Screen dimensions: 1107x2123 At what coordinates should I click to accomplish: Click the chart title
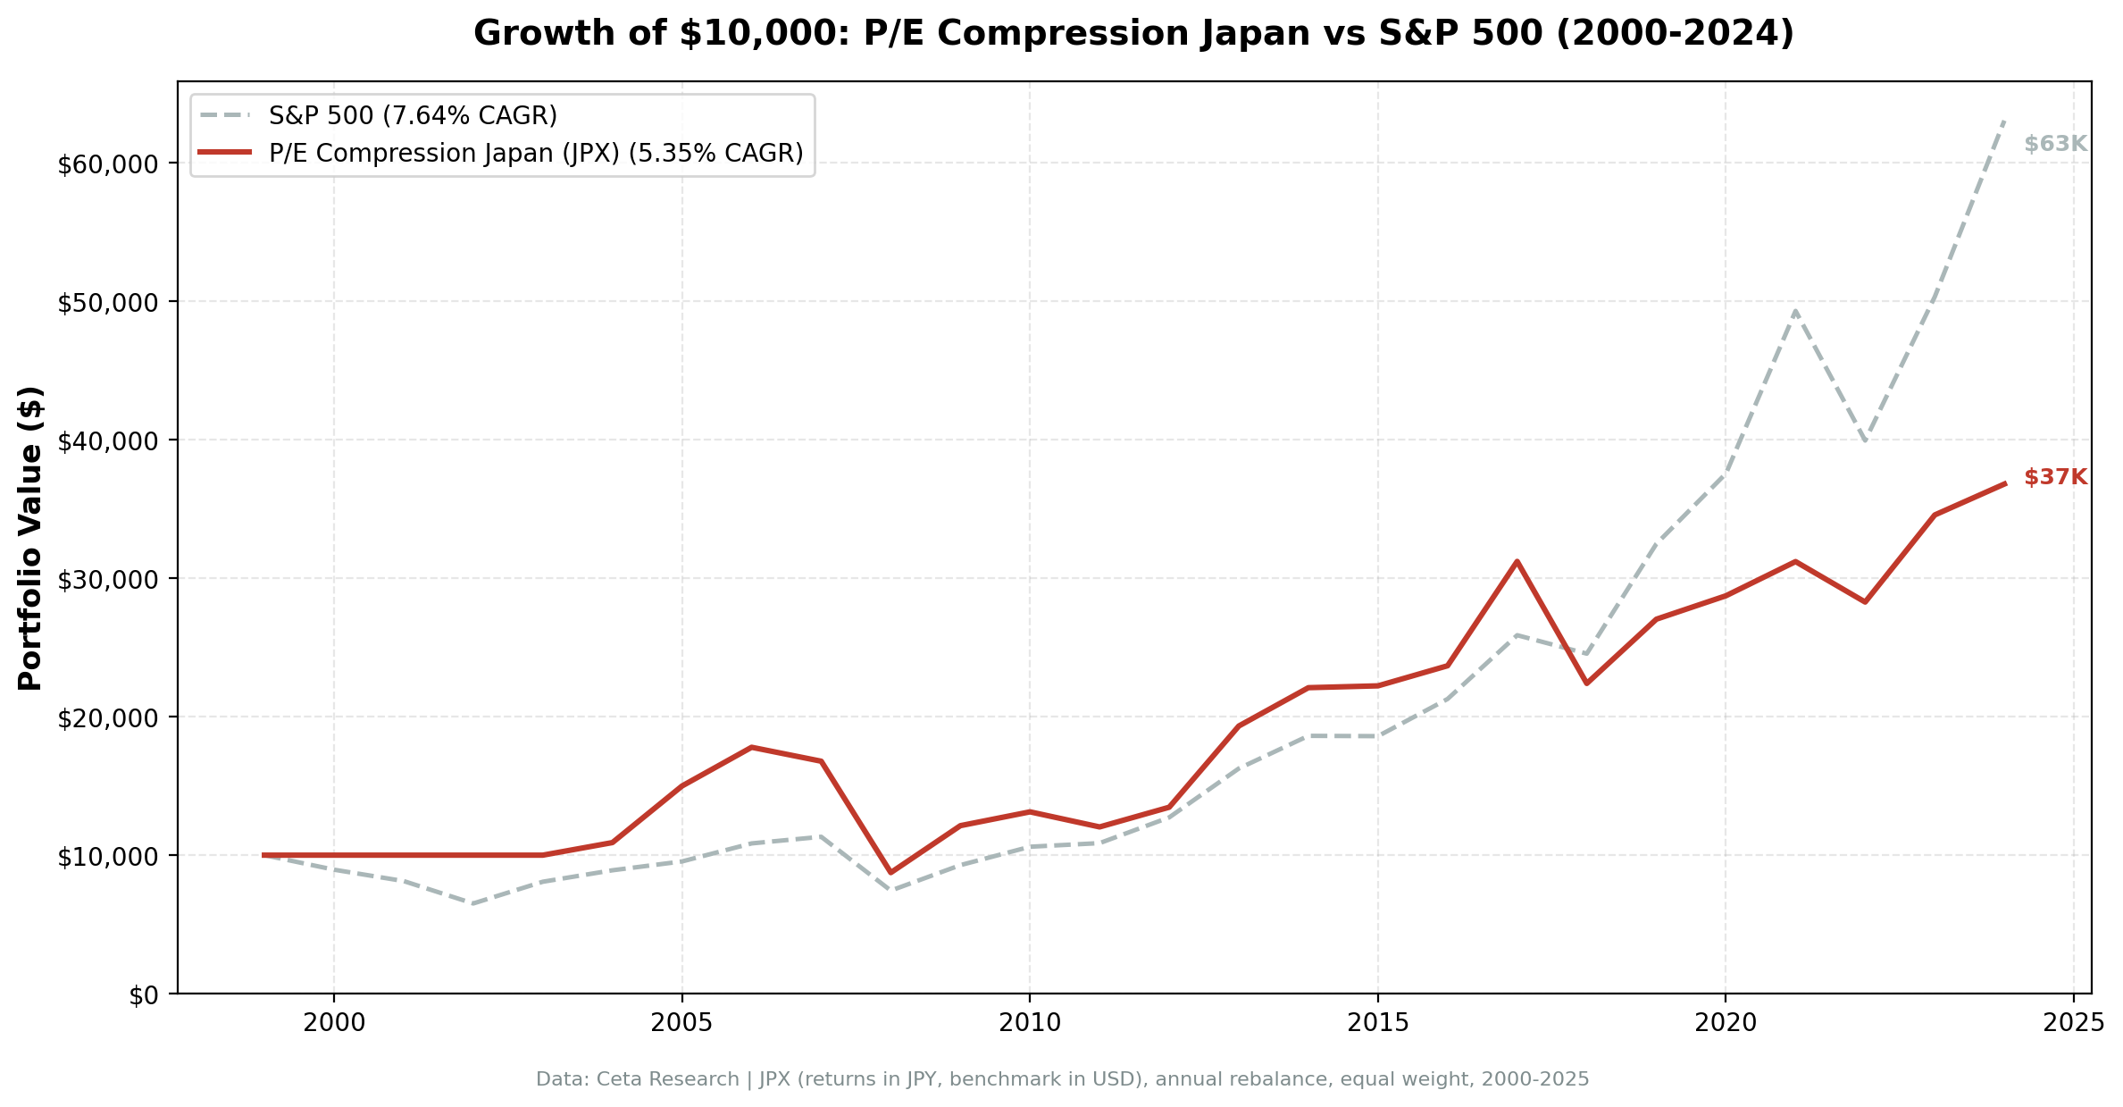[x=1133, y=34]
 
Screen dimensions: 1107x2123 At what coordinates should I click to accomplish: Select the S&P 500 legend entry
[x=413, y=115]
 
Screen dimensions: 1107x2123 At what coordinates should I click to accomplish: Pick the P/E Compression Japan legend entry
[x=536, y=153]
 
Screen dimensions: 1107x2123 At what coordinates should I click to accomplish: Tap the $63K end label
[x=2054, y=144]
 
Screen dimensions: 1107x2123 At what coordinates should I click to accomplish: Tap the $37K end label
[x=2054, y=477]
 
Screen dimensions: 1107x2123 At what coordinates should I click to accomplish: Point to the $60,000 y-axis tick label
[x=107, y=164]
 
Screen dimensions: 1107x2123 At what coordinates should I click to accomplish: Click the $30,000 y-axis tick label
[x=107, y=580]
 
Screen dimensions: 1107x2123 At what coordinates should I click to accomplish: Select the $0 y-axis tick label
[x=143, y=995]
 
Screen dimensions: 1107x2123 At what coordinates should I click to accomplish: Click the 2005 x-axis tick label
[x=681, y=1023]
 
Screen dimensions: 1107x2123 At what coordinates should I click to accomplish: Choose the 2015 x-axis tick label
[x=1377, y=1023]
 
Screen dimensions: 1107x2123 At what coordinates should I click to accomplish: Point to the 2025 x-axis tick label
[x=2072, y=1023]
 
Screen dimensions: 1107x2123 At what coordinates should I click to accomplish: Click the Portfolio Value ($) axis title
[x=30, y=538]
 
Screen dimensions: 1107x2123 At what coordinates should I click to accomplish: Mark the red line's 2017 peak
[x=1517, y=561]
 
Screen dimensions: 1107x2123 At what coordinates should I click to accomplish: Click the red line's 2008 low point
[x=890, y=872]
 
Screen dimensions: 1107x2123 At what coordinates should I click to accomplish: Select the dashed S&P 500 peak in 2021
[x=1794, y=311]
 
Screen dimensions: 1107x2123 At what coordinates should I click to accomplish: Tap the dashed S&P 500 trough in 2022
[x=1864, y=440]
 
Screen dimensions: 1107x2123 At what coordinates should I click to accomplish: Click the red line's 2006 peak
[x=751, y=747]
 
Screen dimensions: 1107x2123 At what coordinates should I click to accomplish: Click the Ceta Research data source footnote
[x=1062, y=1079]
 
